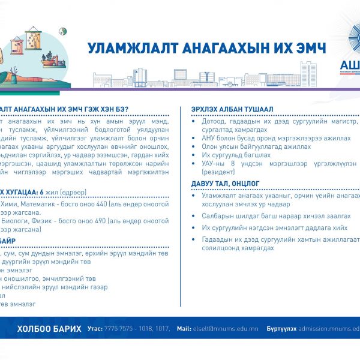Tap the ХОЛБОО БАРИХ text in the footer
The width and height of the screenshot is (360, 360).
click(x=49, y=328)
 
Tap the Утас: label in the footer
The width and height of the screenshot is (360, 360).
click(x=95, y=329)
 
